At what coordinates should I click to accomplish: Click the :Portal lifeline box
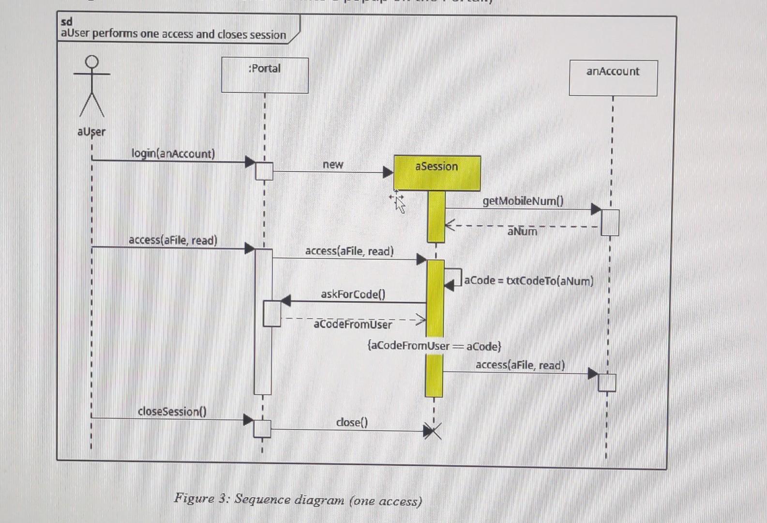click(265, 75)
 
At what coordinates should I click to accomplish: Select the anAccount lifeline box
click(613, 78)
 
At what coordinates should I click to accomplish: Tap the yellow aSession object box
click(437, 172)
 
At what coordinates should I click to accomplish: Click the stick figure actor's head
click(92, 62)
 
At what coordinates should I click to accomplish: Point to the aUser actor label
click(91, 132)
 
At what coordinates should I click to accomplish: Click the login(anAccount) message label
click(173, 154)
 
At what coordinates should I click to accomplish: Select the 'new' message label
click(333, 165)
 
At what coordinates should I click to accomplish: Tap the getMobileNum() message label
click(523, 201)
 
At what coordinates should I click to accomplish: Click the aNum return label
click(522, 231)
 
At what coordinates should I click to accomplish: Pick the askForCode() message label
click(353, 294)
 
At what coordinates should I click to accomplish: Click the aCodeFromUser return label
click(353, 324)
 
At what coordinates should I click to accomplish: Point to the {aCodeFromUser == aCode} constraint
click(434, 346)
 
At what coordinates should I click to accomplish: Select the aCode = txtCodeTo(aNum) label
click(528, 281)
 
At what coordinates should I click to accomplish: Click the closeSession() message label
click(172, 411)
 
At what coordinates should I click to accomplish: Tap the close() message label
click(352, 422)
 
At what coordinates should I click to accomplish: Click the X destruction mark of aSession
click(432, 431)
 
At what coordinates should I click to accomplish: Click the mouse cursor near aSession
click(398, 202)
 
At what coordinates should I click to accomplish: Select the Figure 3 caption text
click(298, 499)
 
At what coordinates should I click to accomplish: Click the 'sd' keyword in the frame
click(67, 22)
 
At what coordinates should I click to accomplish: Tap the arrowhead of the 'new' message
click(388, 172)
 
